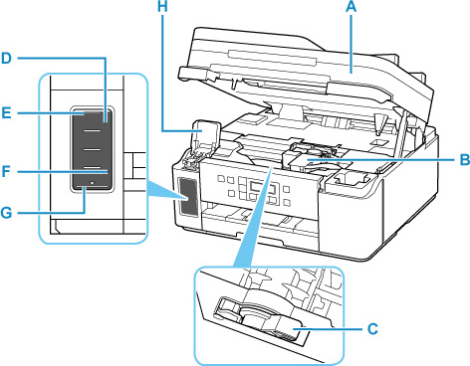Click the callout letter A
tap(352, 7)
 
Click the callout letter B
tap(464, 159)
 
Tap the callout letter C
tap(372, 329)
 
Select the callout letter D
tap(6, 59)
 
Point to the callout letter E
tap(6, 113)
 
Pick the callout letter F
tap(6, 171)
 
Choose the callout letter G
tap(6, 213)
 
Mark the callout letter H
tap(162, 7)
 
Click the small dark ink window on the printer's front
tap(188, 197)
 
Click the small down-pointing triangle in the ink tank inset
tap(93, 183)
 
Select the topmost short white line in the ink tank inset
tap(92, 131)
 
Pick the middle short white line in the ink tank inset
tap(92, 149)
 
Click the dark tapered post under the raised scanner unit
tap(379, 124)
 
